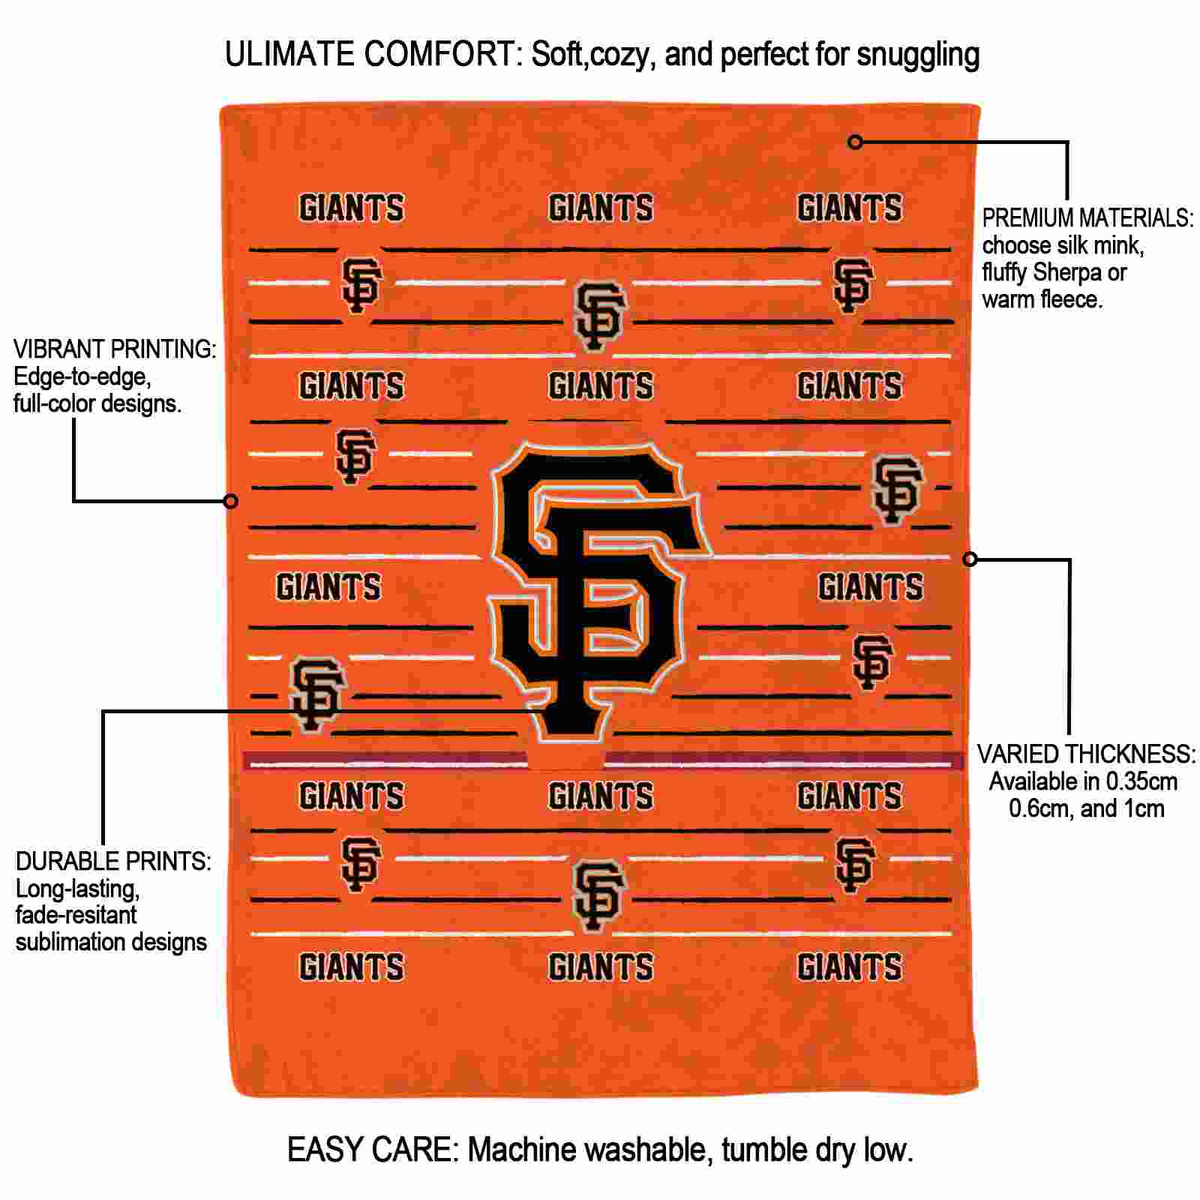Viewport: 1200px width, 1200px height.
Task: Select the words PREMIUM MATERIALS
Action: tap(1087, 218)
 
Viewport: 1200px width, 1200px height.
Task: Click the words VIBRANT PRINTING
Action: tap(115, 349)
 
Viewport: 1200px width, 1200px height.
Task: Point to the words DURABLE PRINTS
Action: tap(113, 861)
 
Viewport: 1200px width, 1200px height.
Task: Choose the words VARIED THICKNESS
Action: tap(1085, 754)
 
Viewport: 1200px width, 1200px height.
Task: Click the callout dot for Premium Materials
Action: tap(855, 141)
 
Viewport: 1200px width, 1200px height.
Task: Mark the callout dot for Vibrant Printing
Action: tap(231, 501)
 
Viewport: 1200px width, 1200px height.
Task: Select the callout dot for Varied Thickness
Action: tap(970, 559)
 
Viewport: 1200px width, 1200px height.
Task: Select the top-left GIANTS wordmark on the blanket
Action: tap(352, 208)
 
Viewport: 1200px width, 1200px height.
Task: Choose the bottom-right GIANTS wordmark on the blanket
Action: tap(850, 967)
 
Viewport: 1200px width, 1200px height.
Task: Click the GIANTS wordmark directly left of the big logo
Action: tap(328, 586)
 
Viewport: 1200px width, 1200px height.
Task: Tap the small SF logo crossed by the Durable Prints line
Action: tap(317, 694)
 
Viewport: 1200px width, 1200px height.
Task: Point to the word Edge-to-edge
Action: tap(82, 377)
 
